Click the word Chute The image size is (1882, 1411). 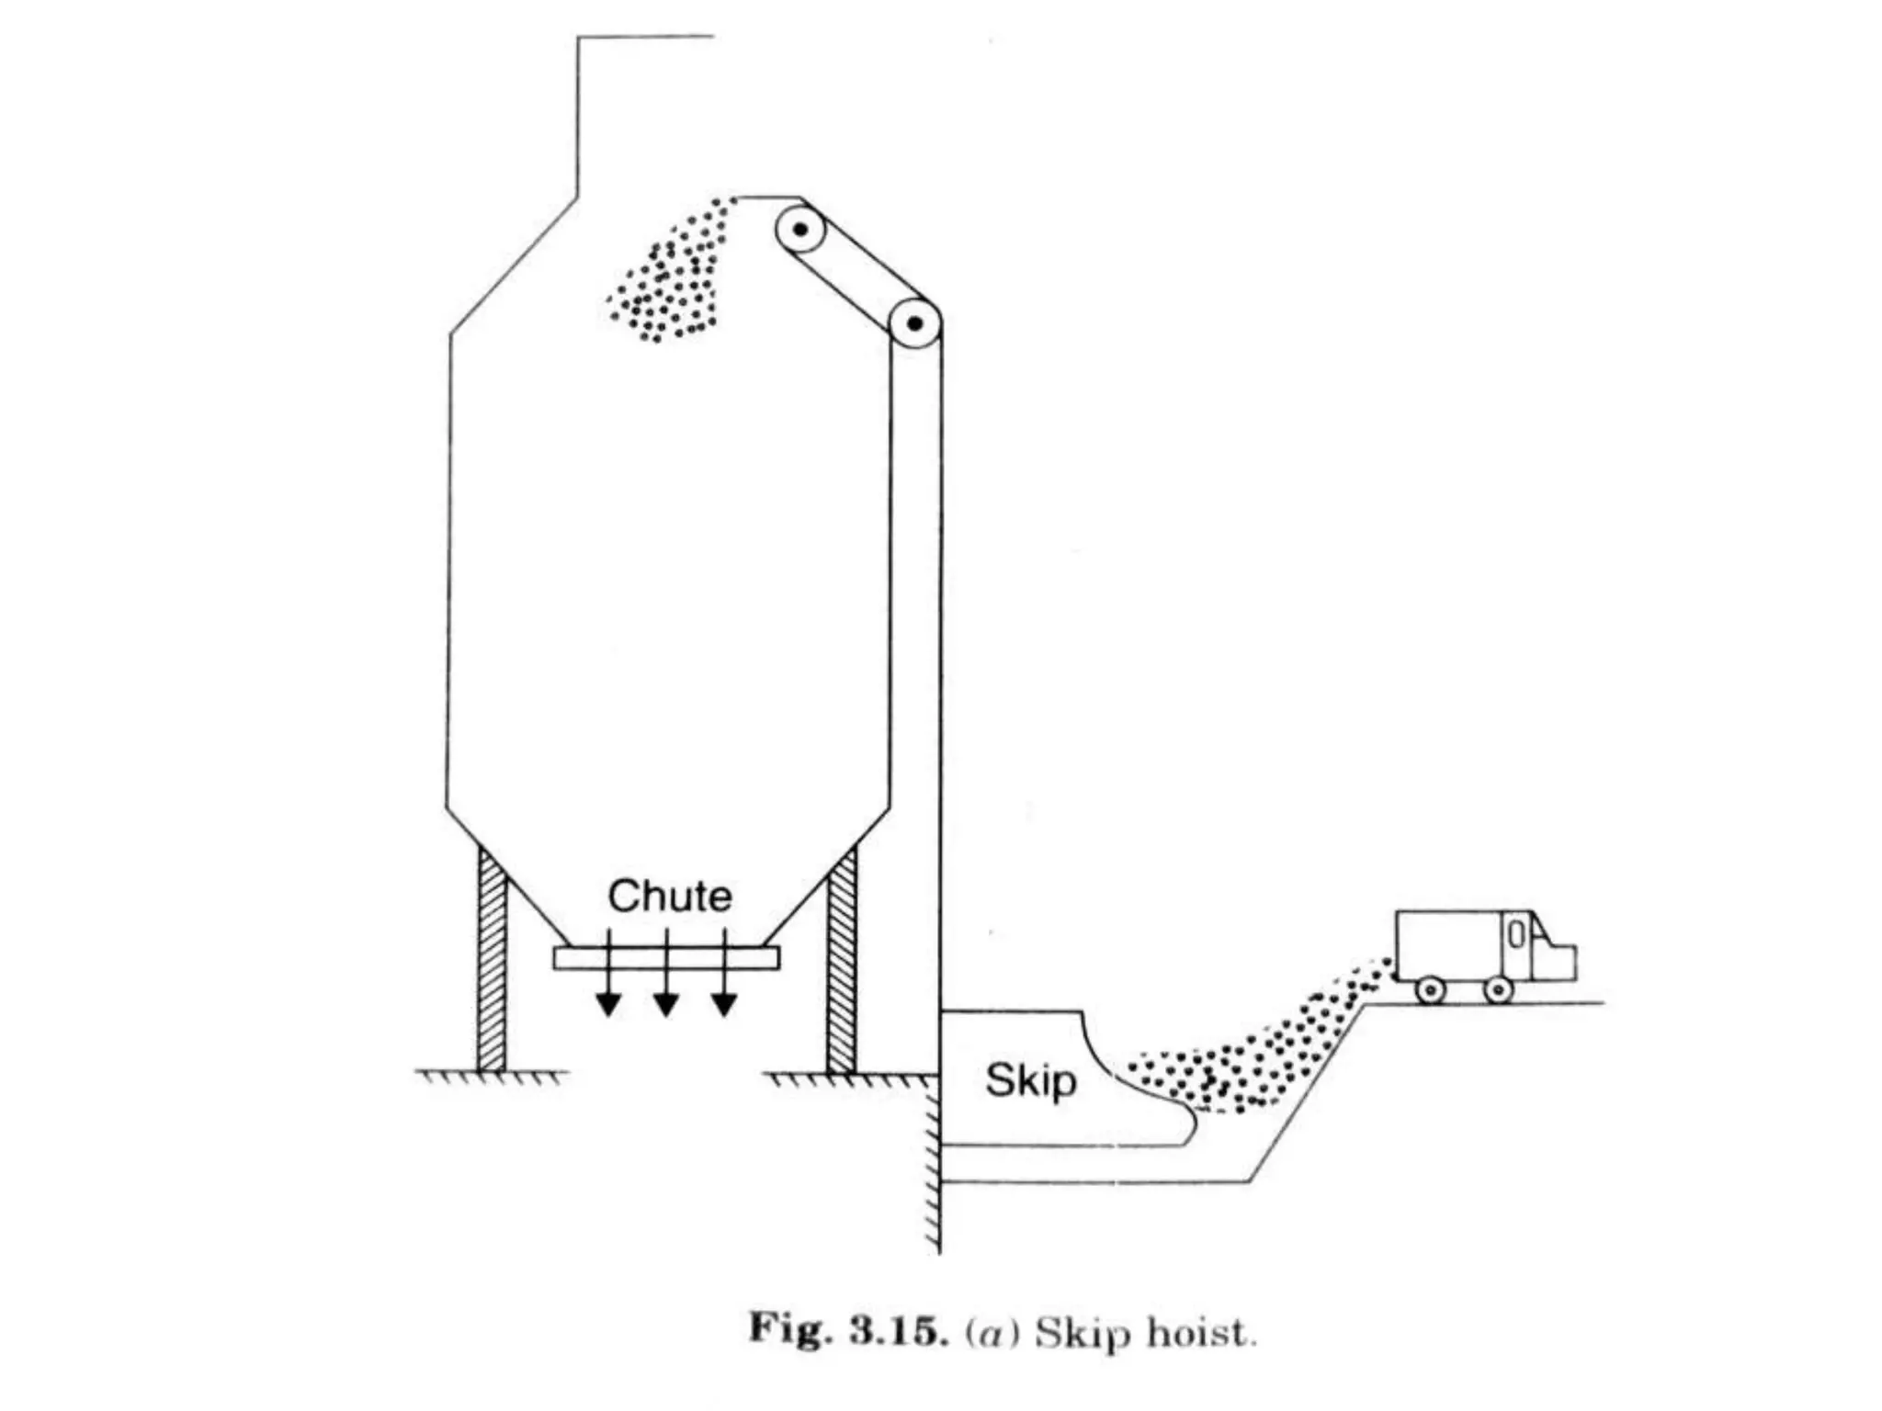(x=670, y=897)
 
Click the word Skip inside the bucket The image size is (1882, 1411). (x=1030, y=1080)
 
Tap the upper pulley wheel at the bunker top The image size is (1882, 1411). (x=800, y=229)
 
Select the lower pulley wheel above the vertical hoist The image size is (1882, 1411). (x=914, y=323)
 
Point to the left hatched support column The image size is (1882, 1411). (x=492, y=960)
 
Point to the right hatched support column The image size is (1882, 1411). (x=841, y=960)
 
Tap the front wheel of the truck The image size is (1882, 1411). (x=1499, y=989)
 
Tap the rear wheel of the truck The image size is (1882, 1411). (x=1431, y=989)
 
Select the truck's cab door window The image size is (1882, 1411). (x=1517, y=935)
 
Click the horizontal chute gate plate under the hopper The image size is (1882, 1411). (x=666, y=958)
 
